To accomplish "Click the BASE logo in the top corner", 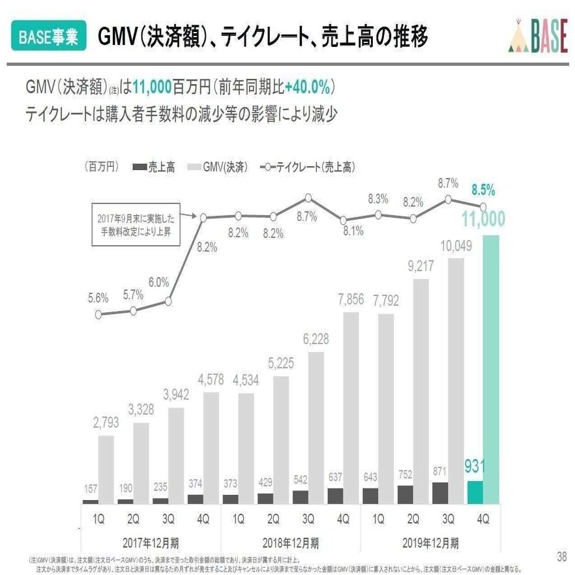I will (x=537, y=38).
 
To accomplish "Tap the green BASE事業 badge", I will (x=48, y=37).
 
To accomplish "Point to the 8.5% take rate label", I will (x=483, y=190).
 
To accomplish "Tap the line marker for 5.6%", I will (x=98, y=314).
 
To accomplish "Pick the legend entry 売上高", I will (x=154, y=168).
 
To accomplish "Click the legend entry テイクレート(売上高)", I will (x=308, y=168).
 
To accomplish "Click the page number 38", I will (x=561, y=556).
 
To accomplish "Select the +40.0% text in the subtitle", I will (x=309, y=87).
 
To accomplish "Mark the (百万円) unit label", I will (x=100, y=167).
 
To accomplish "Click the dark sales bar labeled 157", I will (x=91, y=501).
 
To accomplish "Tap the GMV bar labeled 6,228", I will (x=316, y=427).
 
